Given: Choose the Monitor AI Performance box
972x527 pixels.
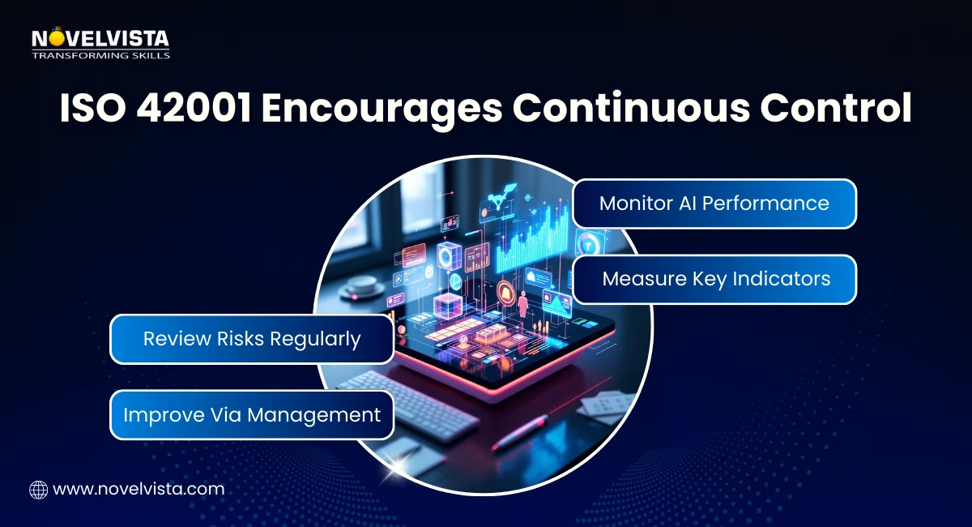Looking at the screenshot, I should click(x=714, y=203).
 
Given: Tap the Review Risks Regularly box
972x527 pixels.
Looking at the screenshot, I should click(x=251, y=339).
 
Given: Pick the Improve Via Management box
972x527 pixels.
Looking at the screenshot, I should click(x=251, y=415).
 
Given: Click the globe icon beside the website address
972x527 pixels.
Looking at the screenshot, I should click(x=38, y=489).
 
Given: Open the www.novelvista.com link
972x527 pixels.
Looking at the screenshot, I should click(x=138, y=489).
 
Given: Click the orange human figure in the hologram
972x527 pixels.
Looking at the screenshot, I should click(x=522, y=305).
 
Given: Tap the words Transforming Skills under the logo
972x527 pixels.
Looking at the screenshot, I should click(x=100, y=55).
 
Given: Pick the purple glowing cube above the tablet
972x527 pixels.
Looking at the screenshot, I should click(x=447, y=306).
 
